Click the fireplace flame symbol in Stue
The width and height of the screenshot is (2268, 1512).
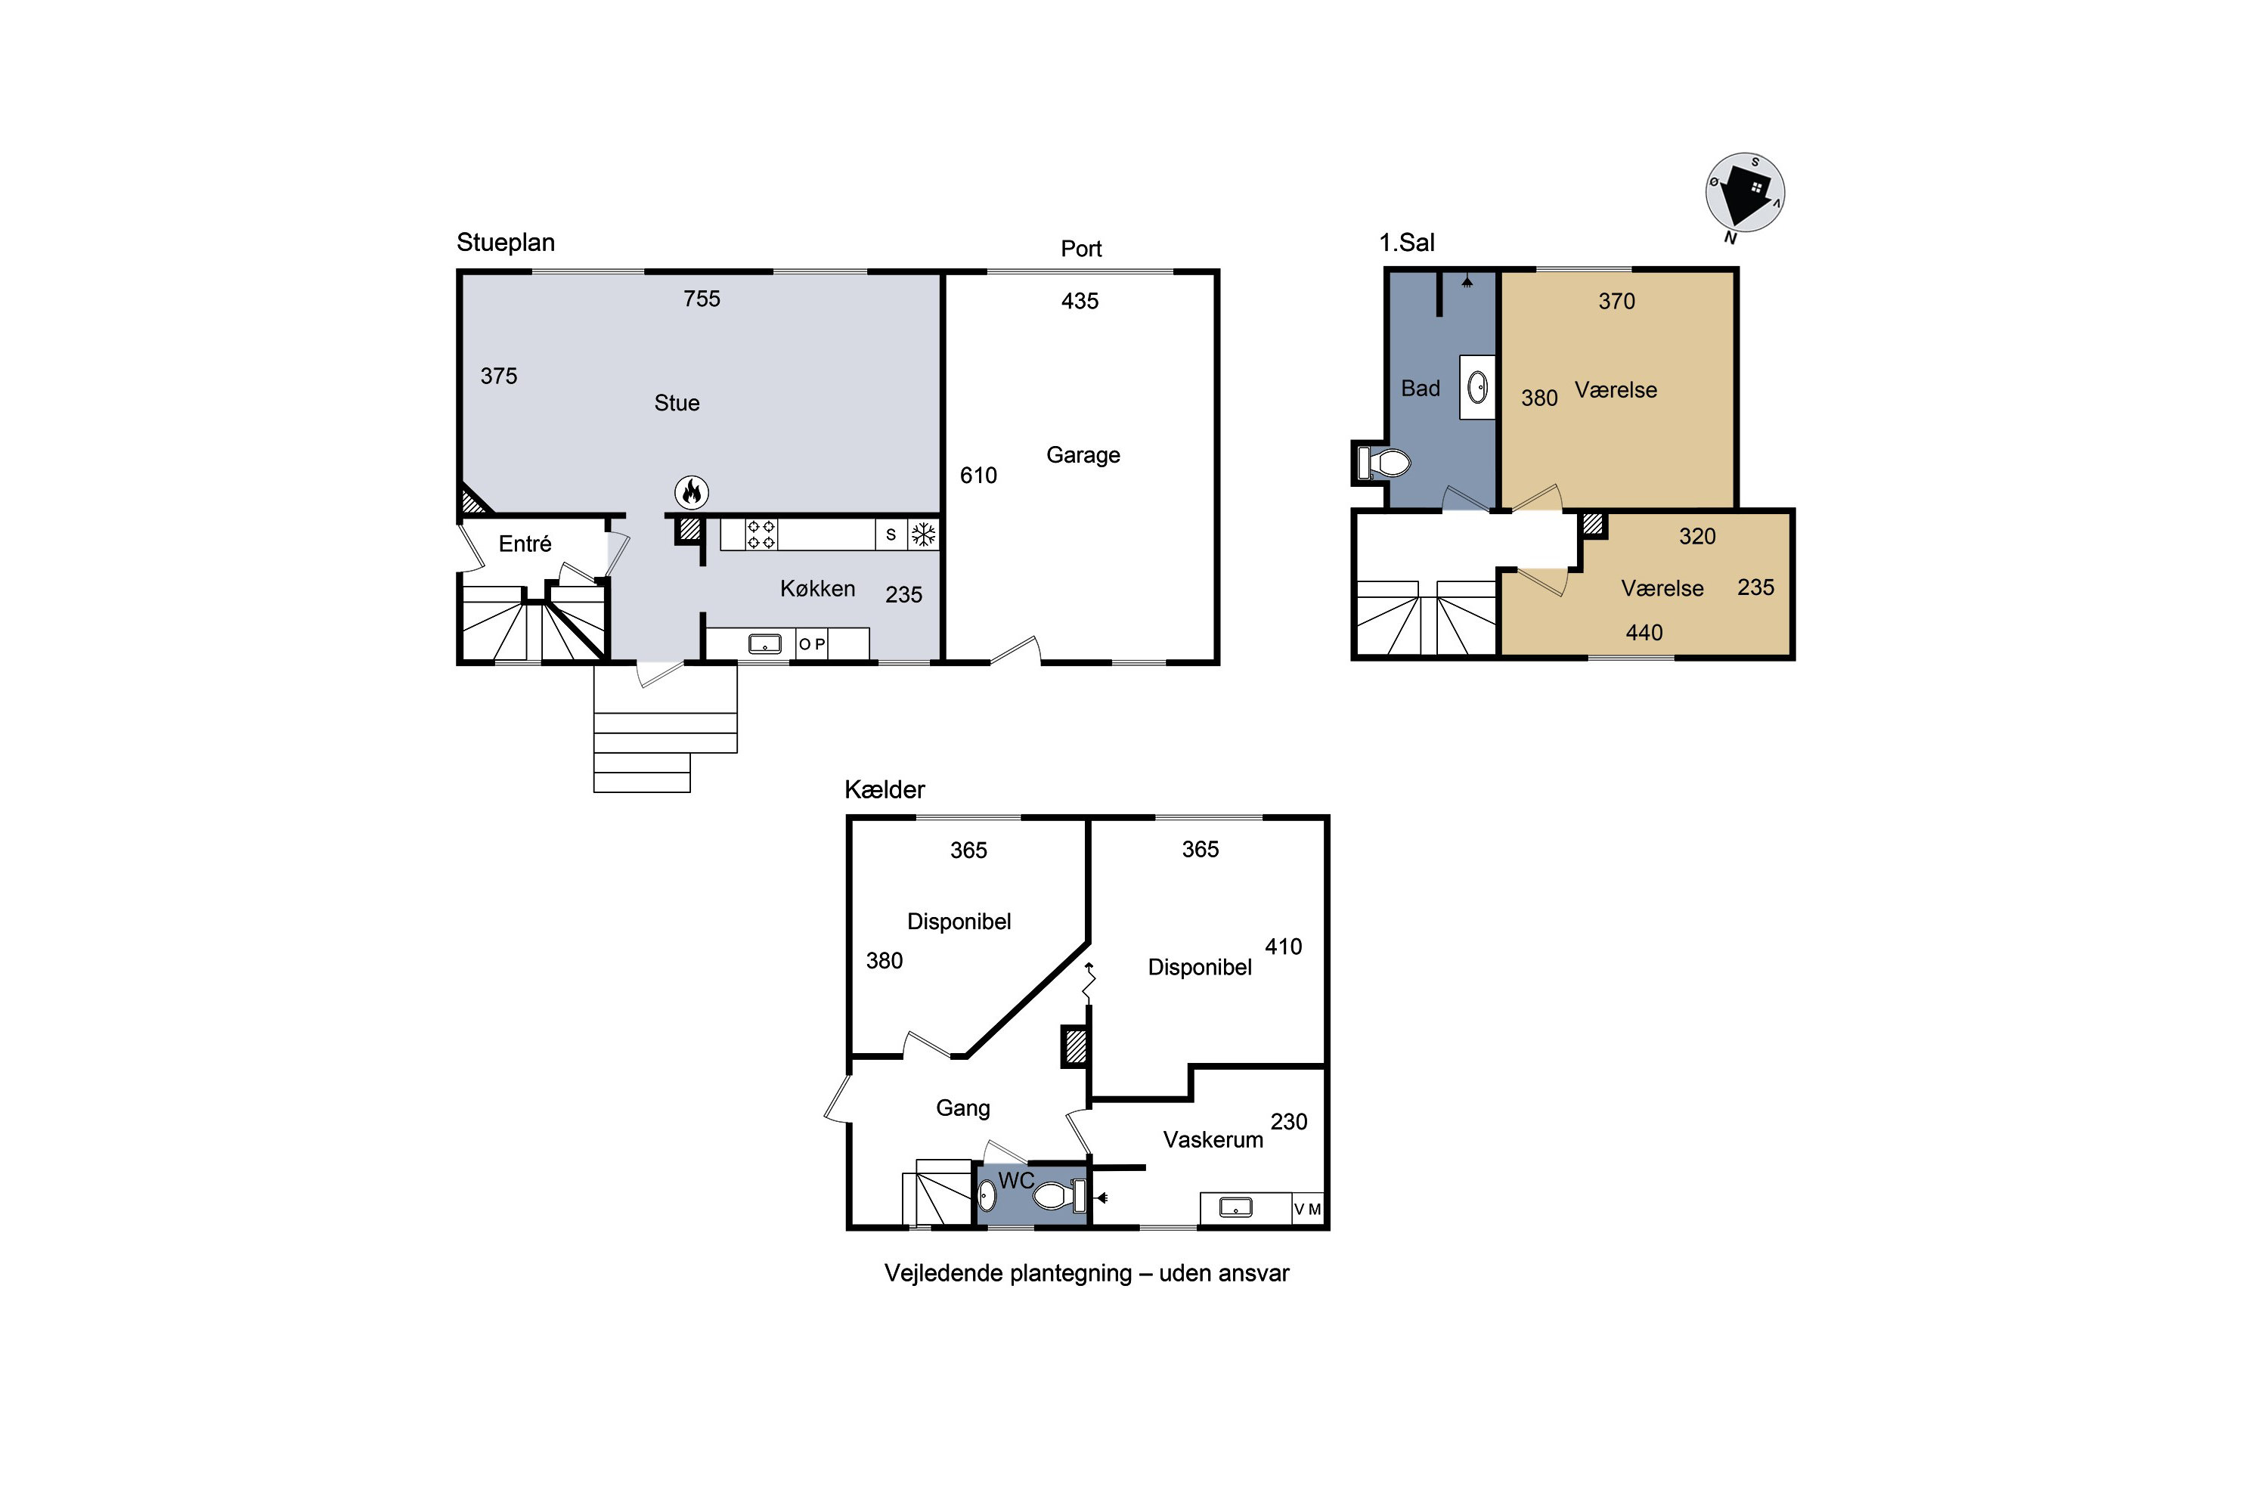pyautogui.click(x=692, y=493)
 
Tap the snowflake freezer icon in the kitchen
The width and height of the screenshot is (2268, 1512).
pyautogui.click(x=924, y=534)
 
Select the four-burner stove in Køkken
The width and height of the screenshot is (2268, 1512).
pyautogui.click(x=762, y=534)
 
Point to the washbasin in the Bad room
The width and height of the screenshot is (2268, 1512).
pyautogui.click(x=1477, y=388)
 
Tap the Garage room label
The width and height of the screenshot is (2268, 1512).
pyautogui.click(x=1083, y=455)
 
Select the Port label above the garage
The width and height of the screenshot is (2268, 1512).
pyautogui.click(x=1081, y=249)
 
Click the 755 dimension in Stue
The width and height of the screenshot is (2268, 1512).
pyautogui.click(x=702, y=299)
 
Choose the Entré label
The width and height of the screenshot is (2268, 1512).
pyautogui.click(x=525, y=544)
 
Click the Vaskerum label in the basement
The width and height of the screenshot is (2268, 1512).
pyautogui.click(x=1213, y=1140)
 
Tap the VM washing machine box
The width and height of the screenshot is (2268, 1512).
pyautogui.click(x=1308, y=1209)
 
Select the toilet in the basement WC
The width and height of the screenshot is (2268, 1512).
pyautogui.click(x=1060, y=1197)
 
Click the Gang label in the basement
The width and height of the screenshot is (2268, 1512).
pyautogui.click(x=963, y=1109)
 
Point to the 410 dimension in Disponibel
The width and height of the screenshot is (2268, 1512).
pyautogui.click(x=1284, y=947)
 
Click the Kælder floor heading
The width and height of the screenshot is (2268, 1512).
pyautogui.click(x=885, y=790)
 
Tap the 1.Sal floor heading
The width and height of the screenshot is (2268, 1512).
pyautogui.click(x=1407, y=243)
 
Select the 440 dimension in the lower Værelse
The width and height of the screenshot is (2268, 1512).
pyautogui.click(x=1644, y=633)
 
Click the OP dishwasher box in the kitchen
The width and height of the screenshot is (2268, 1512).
pyautogui.click(x=812, y=644)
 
